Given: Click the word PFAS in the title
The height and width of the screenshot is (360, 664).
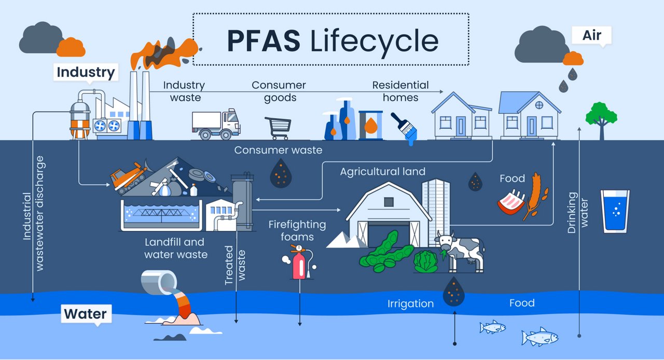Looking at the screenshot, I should tap(264, 41).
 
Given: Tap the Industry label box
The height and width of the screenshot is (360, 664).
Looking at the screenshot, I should tap(86, 72).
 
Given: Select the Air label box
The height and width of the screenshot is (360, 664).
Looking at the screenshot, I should tap(592, 35).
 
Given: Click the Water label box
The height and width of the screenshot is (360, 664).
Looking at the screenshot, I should tap(85, 314).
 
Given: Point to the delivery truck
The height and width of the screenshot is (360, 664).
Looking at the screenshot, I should tap(216, 124).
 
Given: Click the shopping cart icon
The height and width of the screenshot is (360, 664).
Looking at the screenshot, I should tap(279, 128).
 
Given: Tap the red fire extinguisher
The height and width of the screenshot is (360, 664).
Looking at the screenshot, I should tap(299, 264).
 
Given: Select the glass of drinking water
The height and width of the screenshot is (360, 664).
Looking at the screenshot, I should tap(615, 210).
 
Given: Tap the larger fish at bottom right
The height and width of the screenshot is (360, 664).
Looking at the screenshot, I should tap(539, 337).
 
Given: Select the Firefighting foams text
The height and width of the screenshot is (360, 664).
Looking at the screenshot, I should tap(297, 231).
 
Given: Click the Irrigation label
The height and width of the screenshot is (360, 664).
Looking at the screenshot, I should tap(410, 303).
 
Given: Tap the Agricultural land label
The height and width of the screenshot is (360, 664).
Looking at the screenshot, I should tap(382, 171).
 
